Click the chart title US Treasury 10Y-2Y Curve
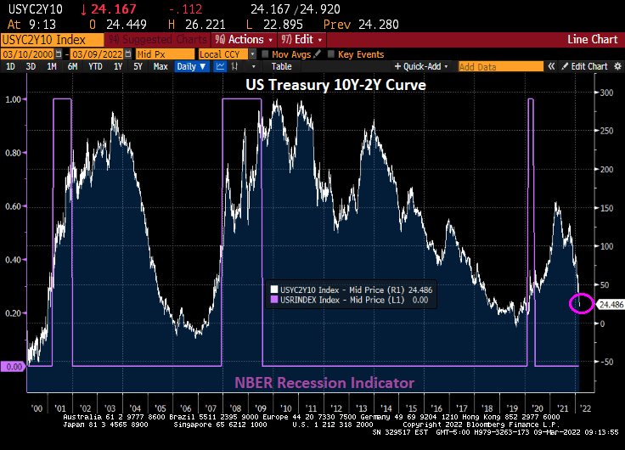tap(335, 85)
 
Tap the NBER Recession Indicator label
tap(336, 383)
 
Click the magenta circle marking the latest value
tap(582, 303)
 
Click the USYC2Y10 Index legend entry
tap(339, 289)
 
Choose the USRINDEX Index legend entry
tap(339, 299)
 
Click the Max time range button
tap(160, 66)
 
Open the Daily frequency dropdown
tap(191, 66)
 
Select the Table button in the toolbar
tap(281, 66)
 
